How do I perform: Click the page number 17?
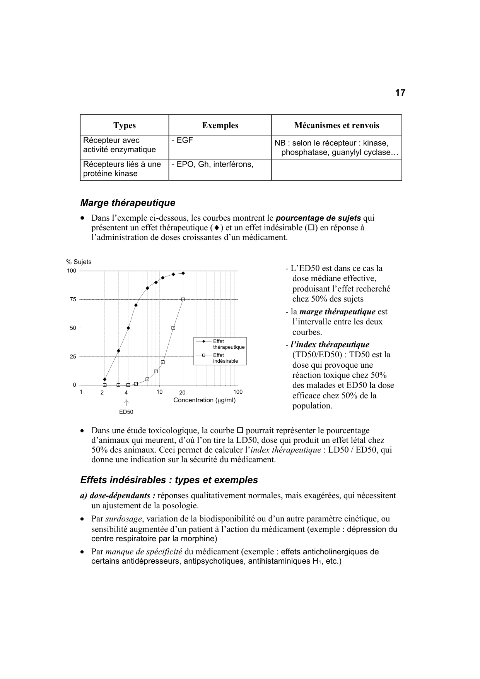tap(400, 93)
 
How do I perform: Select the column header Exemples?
tap(220, 125)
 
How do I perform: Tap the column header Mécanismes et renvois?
tap(337, 125)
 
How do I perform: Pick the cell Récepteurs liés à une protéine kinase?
tap(122, 169)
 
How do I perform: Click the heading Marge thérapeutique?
tap(128, 203)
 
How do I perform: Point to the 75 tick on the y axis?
tap(73, 299)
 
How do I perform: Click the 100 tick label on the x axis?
tap(238, 392)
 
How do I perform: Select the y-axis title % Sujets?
tap(79, 262)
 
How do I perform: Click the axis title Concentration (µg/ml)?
tap(204, 400)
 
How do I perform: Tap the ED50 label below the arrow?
tap(126, 412)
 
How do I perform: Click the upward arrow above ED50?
tap(126, 403)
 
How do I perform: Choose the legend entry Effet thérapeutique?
tap(228, 344)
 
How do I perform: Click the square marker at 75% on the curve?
tap(183, 299)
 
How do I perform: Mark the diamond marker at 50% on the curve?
tap(128, 328)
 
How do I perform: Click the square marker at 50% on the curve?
tap(173, 328)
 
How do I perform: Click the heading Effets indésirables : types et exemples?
tap(169, 480)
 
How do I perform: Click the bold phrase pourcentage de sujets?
tap(318, 218)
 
